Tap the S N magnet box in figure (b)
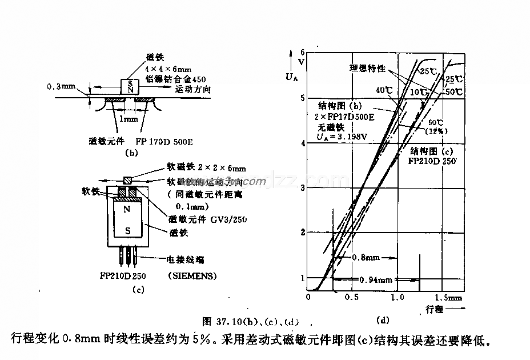pos(131,86)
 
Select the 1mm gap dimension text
pos(130,119)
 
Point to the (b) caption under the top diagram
pos(131,153)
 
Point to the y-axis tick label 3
pos(302,187)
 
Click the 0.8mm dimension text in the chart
pos(367,257)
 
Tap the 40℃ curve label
pos(384,90)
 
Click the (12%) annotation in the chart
pos(437,131)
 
